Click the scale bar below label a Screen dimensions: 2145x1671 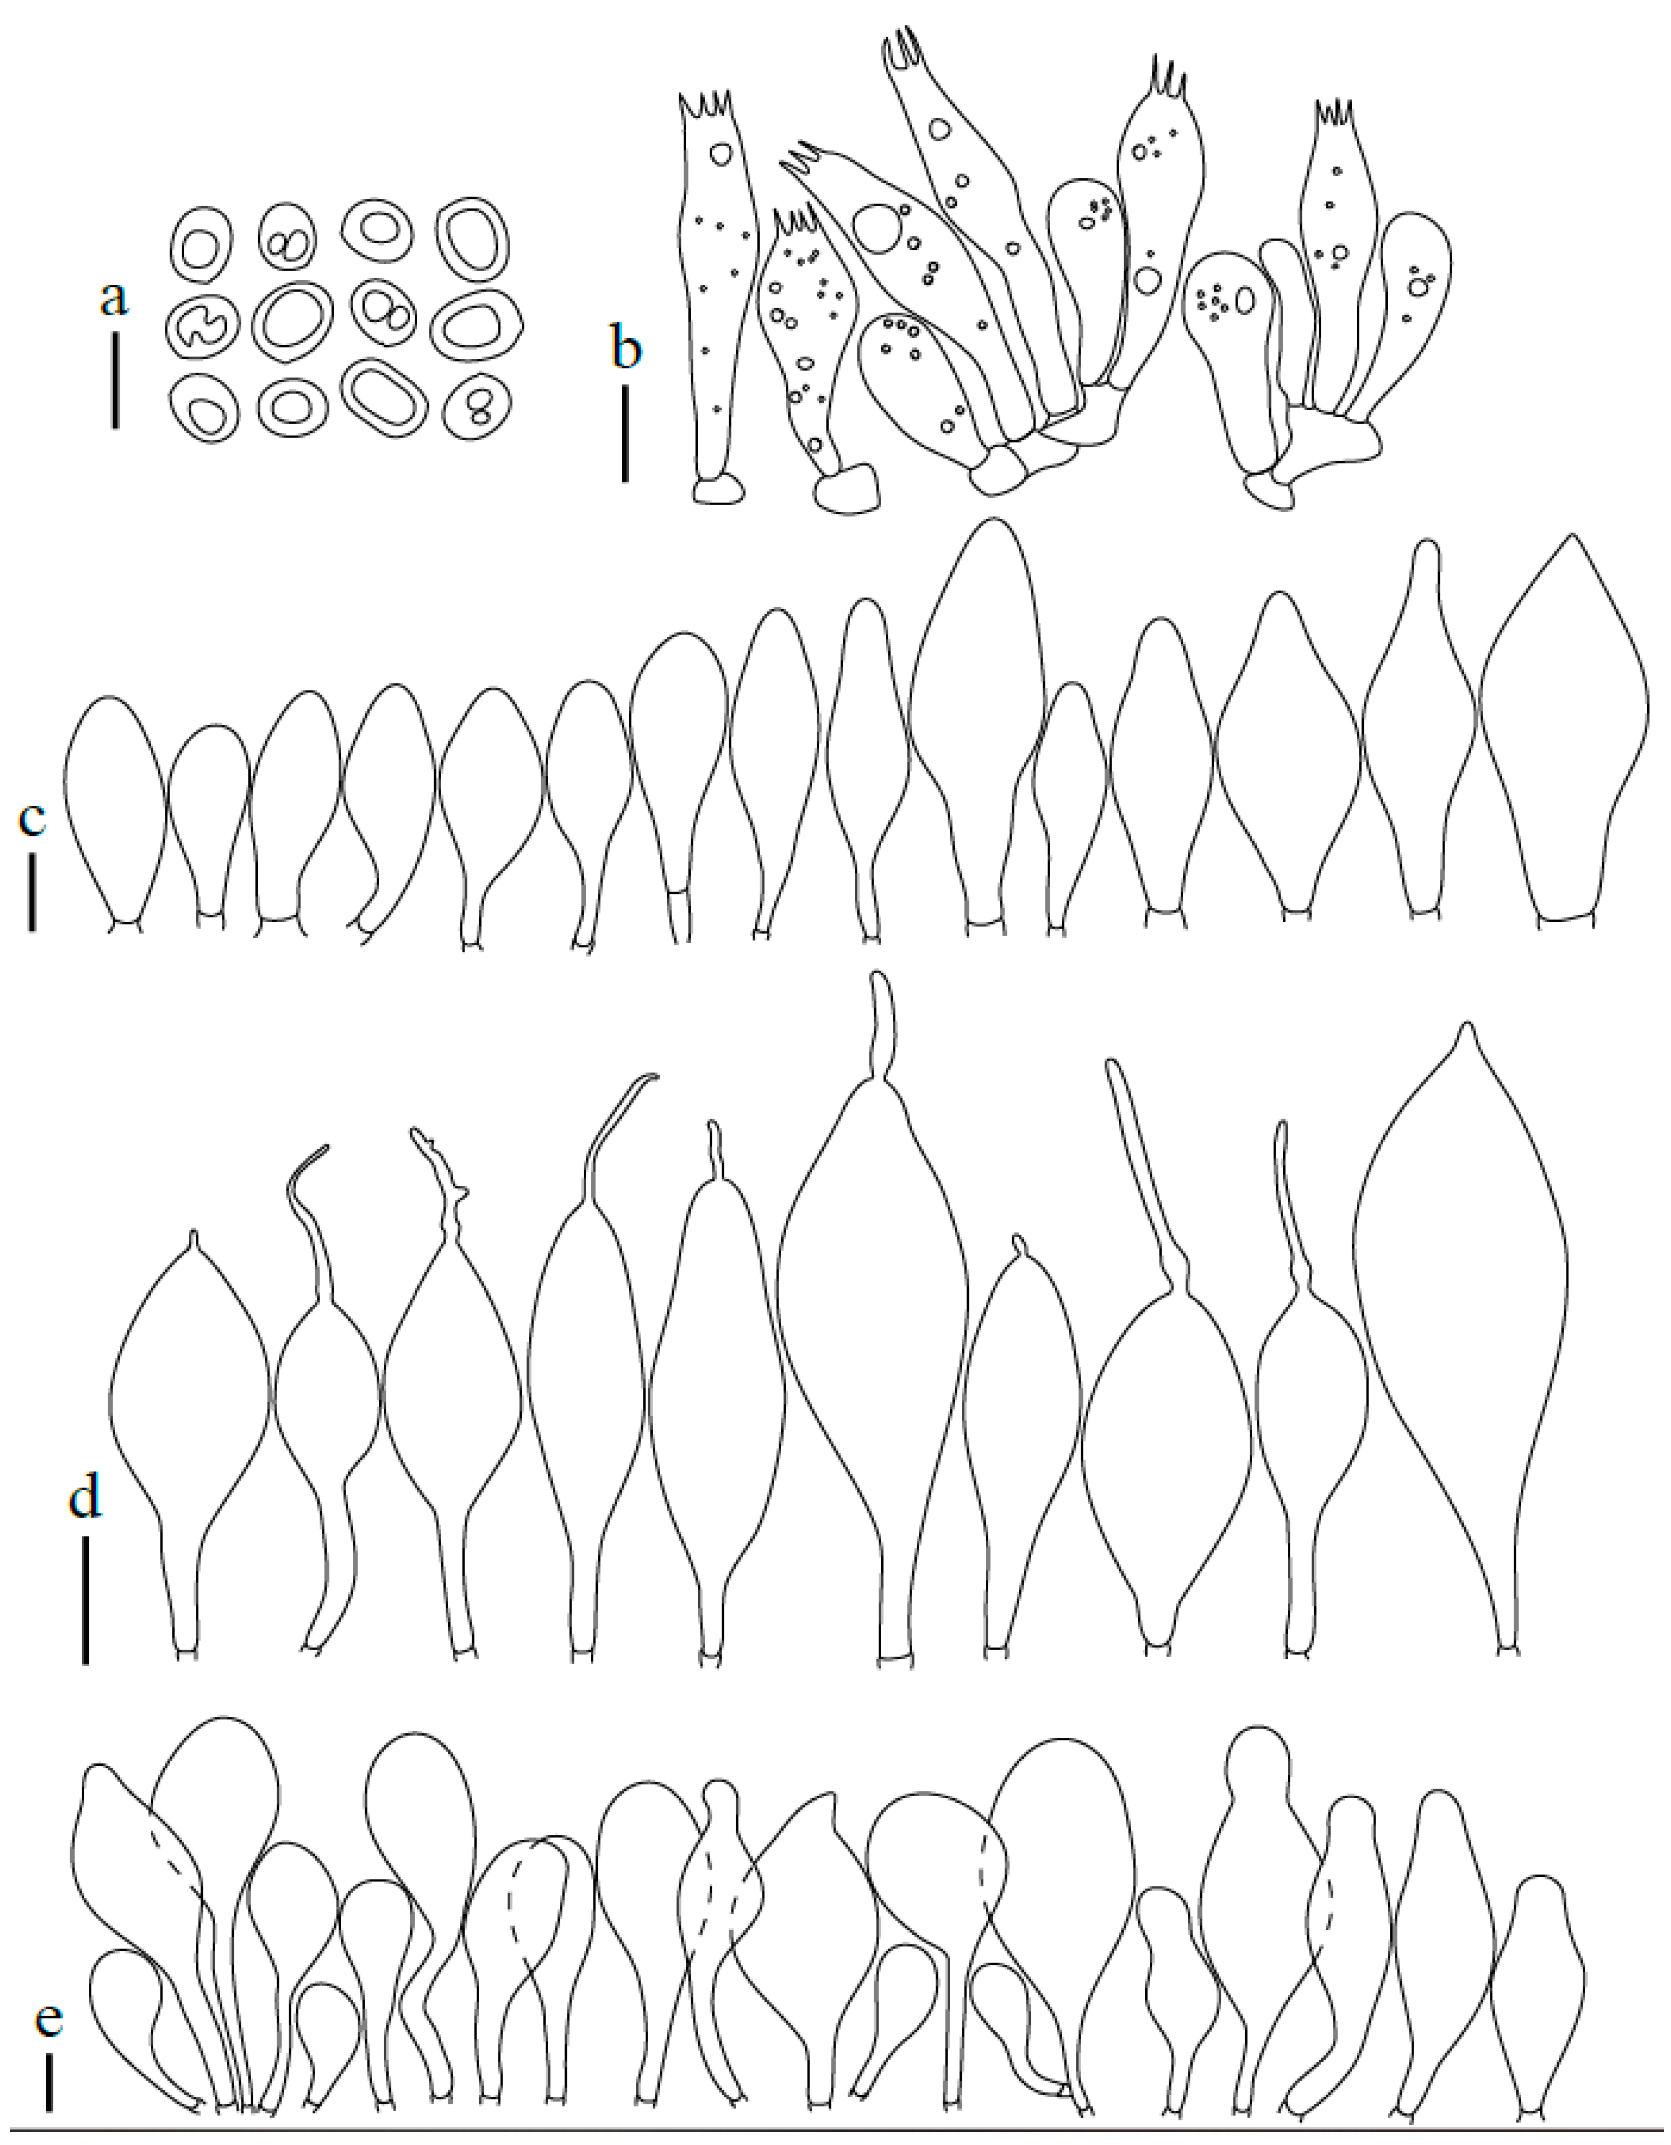(x=115, y=380)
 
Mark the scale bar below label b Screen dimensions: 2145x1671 (x=625, y=432)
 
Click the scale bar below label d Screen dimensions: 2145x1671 (x=85, y=1601)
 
